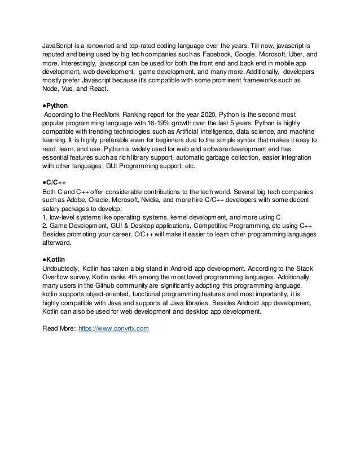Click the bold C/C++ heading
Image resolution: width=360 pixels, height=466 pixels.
pos(56,182)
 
